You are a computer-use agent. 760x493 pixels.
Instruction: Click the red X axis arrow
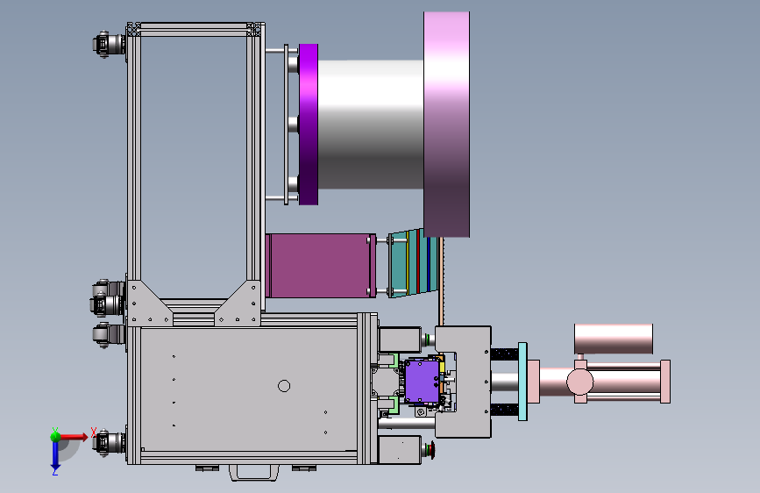point(74,437)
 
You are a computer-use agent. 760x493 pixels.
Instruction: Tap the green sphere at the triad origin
point(56,437)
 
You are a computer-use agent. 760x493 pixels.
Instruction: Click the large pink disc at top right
point(446,125)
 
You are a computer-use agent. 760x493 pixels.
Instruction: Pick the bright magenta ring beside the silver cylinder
point(309,125)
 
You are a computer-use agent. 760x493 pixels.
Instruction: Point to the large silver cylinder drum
point(371,125)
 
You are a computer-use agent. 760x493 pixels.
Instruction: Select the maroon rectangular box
point(320,266)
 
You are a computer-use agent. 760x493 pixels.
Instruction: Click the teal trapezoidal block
point(413,263)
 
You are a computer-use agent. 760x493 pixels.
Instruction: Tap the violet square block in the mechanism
point(422,382)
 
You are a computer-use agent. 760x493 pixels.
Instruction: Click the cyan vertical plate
point(522,381)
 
